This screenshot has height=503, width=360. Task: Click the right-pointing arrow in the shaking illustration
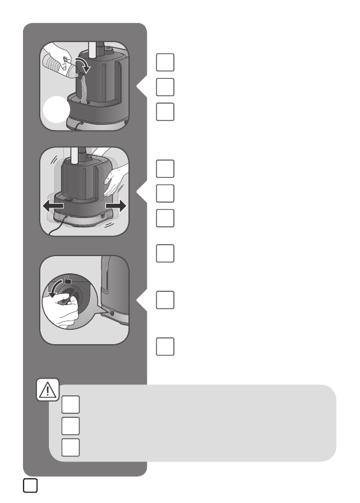tap(115, 205)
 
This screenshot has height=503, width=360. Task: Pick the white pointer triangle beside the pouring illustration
tap(141, 86)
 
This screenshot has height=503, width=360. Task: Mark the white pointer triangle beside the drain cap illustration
tap(141, 300)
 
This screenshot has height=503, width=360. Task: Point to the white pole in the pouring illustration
tap(92, 48)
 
